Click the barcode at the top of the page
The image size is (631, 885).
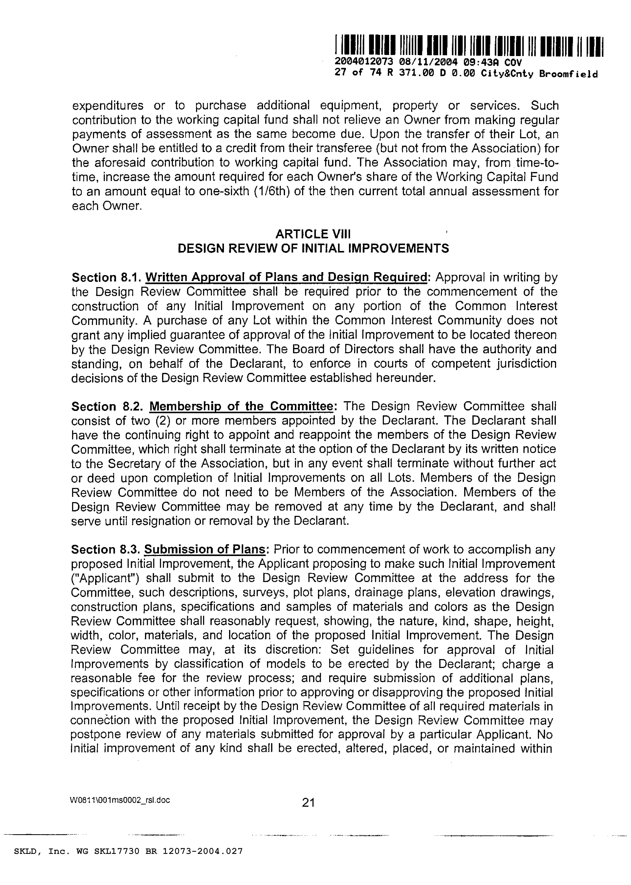(x=468, y=47)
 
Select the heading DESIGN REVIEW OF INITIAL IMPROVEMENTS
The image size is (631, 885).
(x=313, y=248)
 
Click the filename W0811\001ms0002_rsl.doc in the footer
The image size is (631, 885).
(x=120, y=800)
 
